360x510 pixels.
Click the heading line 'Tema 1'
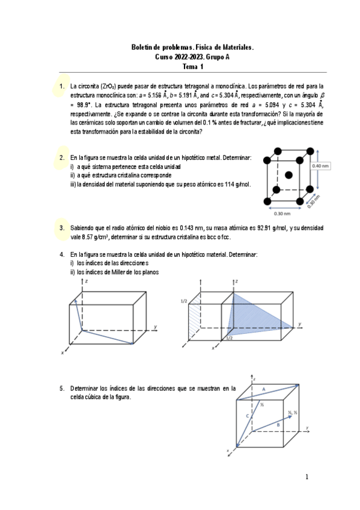point(193,67)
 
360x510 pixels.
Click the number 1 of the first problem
point(62,87)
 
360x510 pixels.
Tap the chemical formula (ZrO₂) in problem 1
point(108,87)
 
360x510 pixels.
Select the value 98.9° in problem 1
point(84,105)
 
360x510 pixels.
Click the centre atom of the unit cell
point(288,176)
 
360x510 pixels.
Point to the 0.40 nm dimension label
point(320,166)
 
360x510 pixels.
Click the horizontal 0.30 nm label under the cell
point(282,214)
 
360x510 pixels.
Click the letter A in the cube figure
point(264,389)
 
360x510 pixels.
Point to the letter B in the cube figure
point(278,425)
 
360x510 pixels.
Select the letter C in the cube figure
point(247,416)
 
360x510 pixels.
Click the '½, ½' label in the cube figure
point(293,413)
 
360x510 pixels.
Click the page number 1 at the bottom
point(307,477)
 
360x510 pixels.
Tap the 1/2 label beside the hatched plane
point(184,301)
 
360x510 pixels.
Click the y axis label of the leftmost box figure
point(156,327)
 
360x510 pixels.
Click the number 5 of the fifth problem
point(62,389)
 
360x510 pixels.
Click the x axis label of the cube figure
point(228,450)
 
